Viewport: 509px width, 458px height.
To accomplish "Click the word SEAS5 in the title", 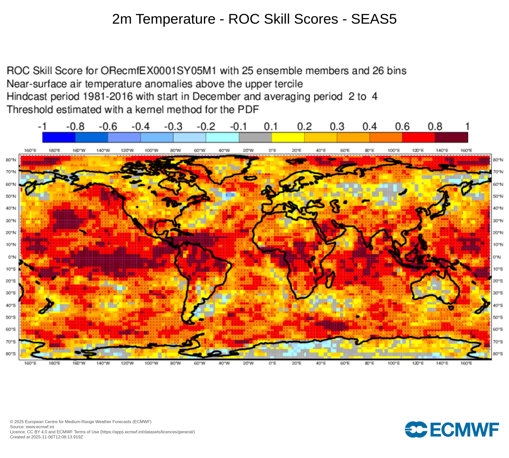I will tap(374, 19).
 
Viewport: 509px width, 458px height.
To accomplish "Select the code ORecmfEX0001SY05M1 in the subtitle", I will tap(158, 71).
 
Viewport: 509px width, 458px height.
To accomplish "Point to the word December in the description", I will tap(216, 97).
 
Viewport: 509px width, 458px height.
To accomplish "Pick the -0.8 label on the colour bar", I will tap(75, 126).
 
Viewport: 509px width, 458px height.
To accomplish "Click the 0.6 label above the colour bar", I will tap(402, 126).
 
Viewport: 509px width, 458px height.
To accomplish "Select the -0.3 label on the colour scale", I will tap(173, 126).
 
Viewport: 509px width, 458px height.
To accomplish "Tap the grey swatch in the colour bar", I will tap(255, 137).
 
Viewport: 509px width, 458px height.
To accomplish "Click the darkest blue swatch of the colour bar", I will tap(59, 137).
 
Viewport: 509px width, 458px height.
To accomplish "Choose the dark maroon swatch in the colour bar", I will tap(451, 137).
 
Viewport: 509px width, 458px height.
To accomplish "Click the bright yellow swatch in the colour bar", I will tap(288, 137).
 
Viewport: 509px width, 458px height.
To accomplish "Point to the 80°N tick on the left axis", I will tap(11, 160).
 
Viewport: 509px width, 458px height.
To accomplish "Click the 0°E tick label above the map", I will tap(272, 151).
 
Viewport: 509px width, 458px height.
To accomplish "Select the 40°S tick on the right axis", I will tap(498, 305).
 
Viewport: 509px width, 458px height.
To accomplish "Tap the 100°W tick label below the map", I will tap(151, 363).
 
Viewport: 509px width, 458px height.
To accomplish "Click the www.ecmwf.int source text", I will tap(40, 427).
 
